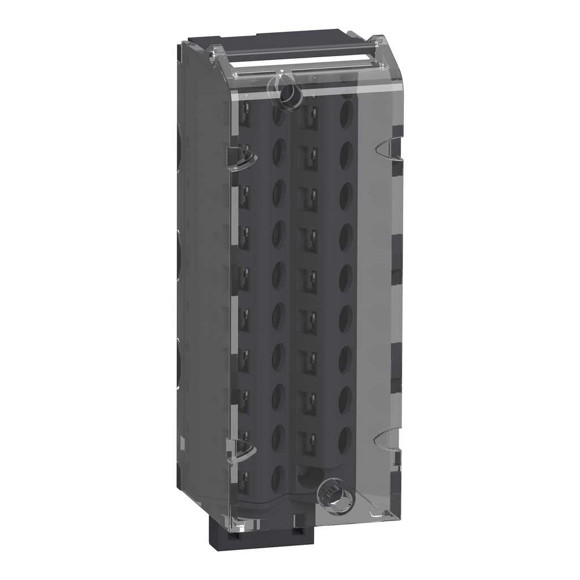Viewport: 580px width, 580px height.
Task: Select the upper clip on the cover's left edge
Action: pyautogui.click(x=242, y=159)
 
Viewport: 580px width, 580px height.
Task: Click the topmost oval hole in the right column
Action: pyautogui.click(x=346, y=111)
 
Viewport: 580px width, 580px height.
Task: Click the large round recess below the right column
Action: pyautogui.click(x=308, y=476)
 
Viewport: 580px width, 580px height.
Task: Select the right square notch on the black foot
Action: pyautogui.click(x=297, y=531)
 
